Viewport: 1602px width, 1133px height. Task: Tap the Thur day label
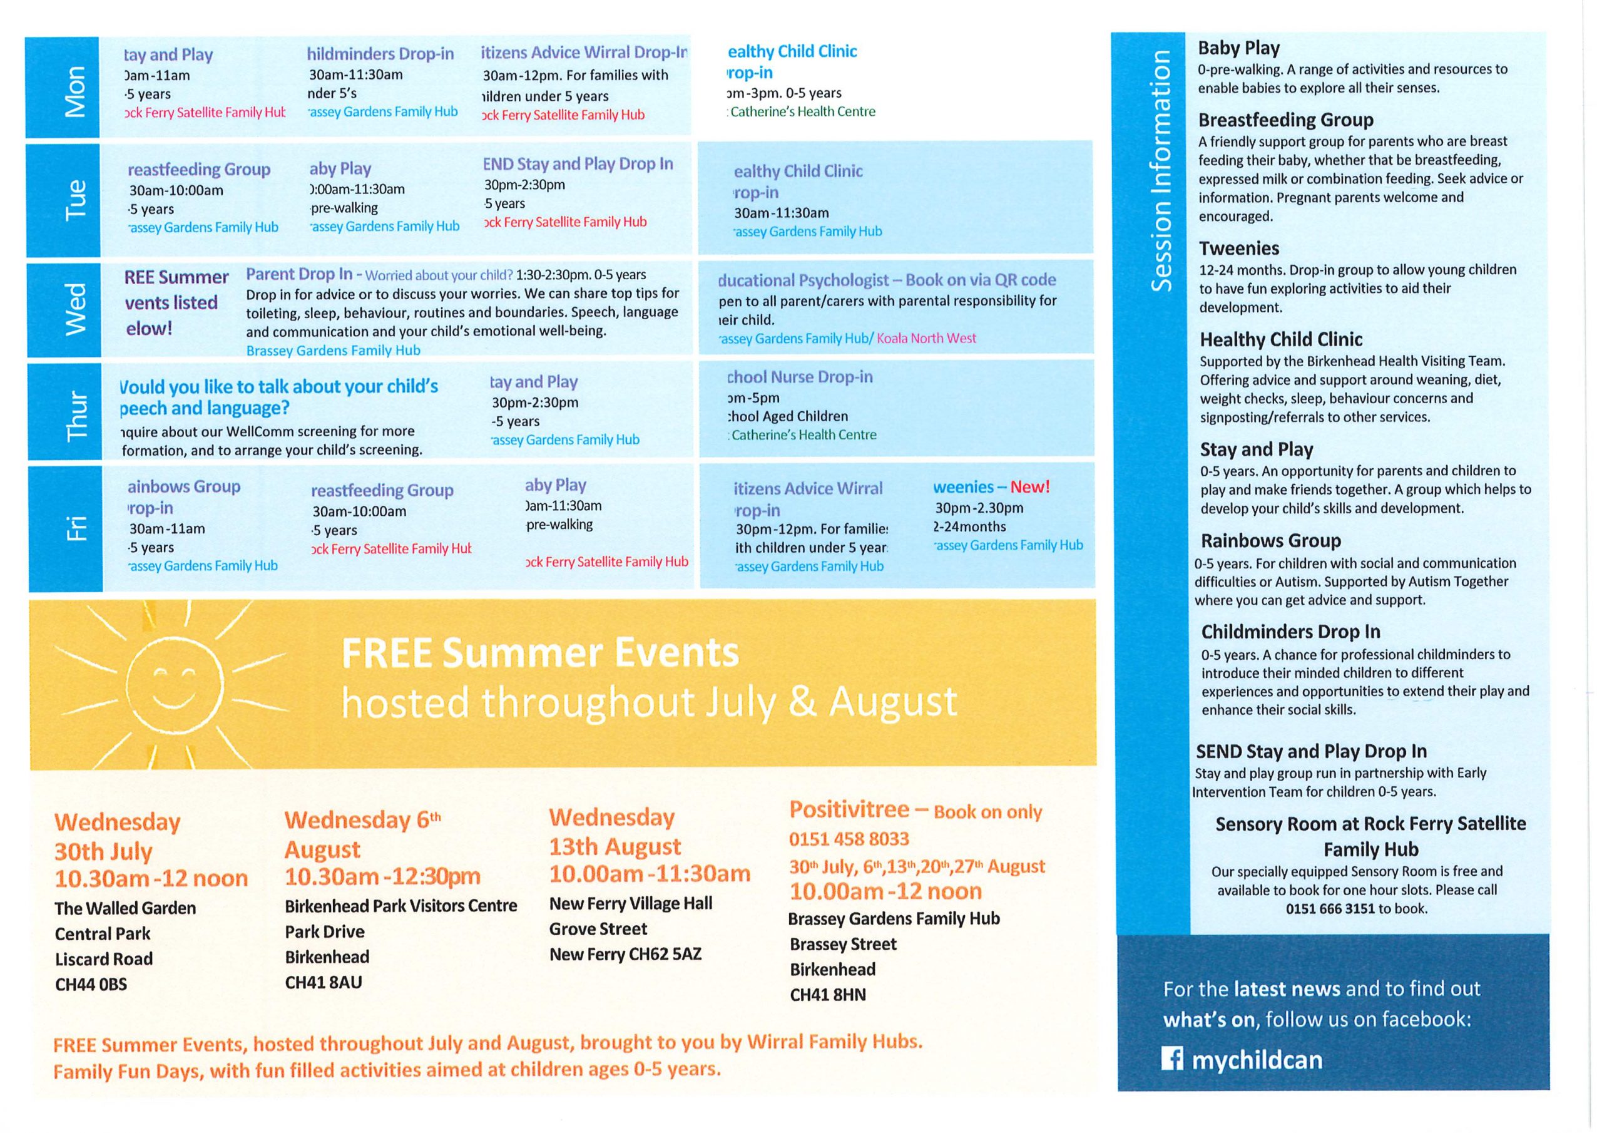pyautogui.click(x=76, y=416)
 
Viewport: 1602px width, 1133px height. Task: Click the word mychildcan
pyautogui.click(x=1257, y=1060)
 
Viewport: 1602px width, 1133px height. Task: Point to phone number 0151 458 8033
pyautogui.click(x=849, y=838)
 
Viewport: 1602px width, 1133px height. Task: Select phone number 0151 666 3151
pyautogui.click(x=1330, y=908)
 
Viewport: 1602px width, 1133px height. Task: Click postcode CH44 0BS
pyautogui.click(x=91, y=984)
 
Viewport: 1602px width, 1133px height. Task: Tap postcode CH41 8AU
pyautogui.click(x=323, y=982)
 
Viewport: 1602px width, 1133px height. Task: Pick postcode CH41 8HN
pyautogui.click(x=827, y=995)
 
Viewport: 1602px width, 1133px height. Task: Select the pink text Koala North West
pyautogui.click(x=926, y=339)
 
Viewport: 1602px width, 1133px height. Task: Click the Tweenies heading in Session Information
pyautogui.click(x=1238, y=249)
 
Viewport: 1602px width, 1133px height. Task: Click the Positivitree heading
pyautogui.click(x=849, y=810)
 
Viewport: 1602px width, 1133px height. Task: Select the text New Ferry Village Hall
pyautogui.click(x=631, y=903)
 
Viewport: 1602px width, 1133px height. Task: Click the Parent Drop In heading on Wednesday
pyautogui.click(x=299, y=274)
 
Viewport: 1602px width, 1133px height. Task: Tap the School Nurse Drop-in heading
pyautogui.click(x=800, y=377)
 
